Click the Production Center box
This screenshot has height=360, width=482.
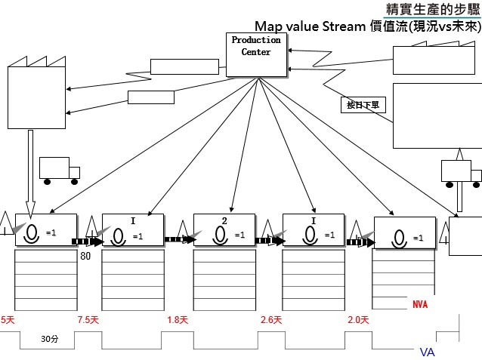coord(256,54)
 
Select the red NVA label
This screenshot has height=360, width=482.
coord(420,304)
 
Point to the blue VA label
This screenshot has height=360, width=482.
coord(427,352)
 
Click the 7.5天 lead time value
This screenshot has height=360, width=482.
coord(88,320)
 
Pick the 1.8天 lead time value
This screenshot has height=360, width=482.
coord(178,320)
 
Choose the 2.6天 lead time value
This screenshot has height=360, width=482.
coord(271,320)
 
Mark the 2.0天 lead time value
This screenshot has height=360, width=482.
coord(357,320)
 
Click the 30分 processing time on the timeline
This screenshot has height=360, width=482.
coord(50,340)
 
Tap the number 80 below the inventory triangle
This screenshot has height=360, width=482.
coord(85,256)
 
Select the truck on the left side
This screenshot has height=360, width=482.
coord(59,171)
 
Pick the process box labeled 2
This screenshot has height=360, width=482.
coord(224,229)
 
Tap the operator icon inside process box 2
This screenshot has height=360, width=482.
coord(219,235)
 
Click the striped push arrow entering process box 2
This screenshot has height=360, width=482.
coord(179,239)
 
